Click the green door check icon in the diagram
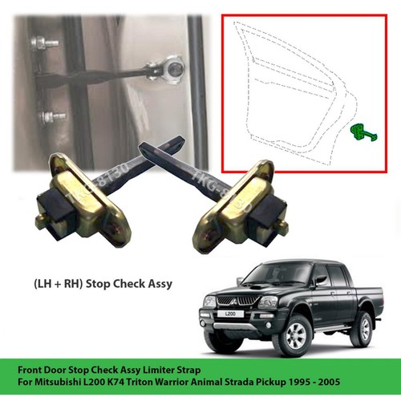click(x=363, y=133)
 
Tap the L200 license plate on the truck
click(x=230, y=314)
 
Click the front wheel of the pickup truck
click(x=296, y=336)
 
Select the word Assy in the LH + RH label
click(x=160, y=284)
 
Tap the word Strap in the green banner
click(x=189, y=371)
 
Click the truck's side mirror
click(x=318, y=280)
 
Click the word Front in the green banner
click(x=29, y=371)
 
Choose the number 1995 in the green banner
click(x=301, y=382)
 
